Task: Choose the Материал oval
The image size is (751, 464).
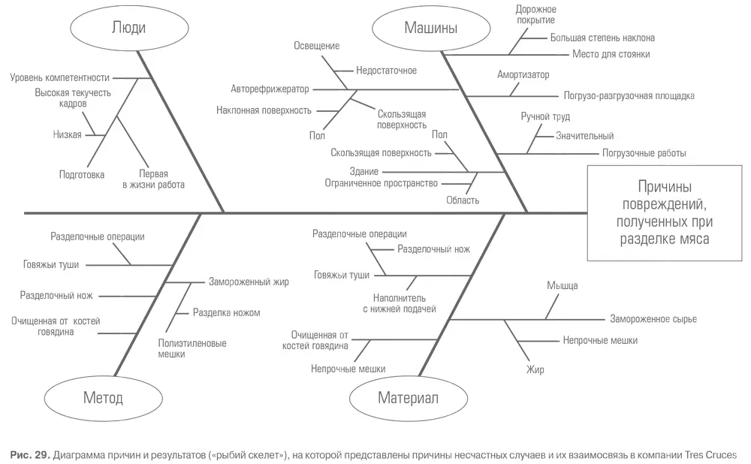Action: [x=408, y=397]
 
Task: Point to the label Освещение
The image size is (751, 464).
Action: [x=316, y=46]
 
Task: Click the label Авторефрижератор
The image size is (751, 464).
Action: [x=270, y=89]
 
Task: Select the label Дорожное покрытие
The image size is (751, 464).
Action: [x=535, y=14]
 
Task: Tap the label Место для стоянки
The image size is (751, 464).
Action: [x=611, y=54]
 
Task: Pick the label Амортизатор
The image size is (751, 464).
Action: [x=523, y=75]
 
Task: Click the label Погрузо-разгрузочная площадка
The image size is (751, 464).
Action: [x=629, y=96]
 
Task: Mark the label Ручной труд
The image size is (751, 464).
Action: [x=545, y=117]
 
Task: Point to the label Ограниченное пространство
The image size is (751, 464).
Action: [x=381, y=182]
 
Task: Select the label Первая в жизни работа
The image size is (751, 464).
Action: [x=153, y=179]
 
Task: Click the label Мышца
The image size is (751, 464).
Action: [x=562, y=286]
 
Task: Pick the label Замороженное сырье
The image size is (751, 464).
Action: [x=653, y=319]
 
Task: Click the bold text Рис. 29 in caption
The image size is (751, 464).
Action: [x=30, y=455]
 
